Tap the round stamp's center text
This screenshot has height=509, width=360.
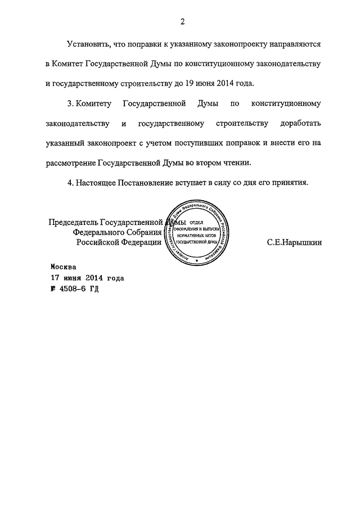click(197, 233)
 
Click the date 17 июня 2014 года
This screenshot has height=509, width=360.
click(87, 278)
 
